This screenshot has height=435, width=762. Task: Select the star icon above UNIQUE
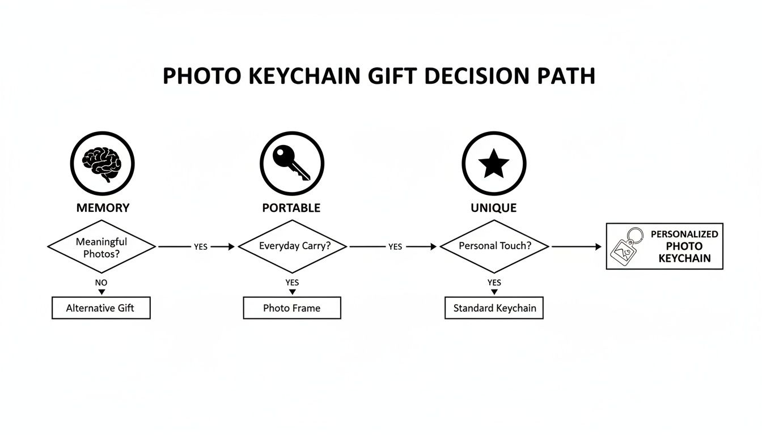click(494, 164)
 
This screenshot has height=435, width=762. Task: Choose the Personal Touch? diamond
click(494, 246)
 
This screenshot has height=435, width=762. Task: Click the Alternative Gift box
click(101, 308)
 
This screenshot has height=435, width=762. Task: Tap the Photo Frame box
click(292, 308)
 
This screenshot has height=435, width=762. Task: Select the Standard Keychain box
click(494, 309)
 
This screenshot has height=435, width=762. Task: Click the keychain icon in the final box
click(626, 248)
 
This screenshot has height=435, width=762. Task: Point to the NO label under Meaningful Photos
click(101, 282)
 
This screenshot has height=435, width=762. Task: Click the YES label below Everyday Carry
click(292, 282)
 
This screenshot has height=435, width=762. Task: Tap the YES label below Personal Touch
click(494, 282)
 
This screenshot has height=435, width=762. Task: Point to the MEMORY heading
click(103, 208)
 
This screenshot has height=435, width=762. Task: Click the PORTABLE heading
click(291, 208)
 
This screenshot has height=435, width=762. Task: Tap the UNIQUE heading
click(493, 208)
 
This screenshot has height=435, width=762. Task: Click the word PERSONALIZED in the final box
click(684, 234)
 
